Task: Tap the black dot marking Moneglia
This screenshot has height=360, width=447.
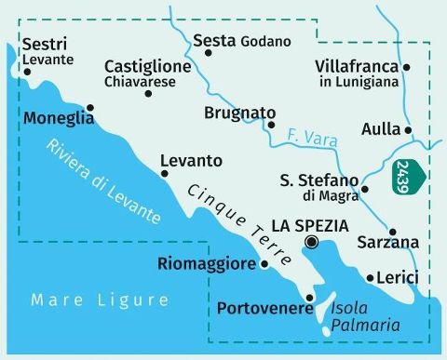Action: click(x=89, y=107)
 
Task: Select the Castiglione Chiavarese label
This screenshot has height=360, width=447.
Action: click(x=147, y=74)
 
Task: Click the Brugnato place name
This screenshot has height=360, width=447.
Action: click(x=235, y=113)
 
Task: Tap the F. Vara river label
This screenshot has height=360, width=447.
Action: click(x=313, y=140)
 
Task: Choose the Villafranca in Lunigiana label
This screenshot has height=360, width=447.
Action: click(x=357, y=73)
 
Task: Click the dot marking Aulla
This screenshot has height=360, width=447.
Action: click(x=408, y=129)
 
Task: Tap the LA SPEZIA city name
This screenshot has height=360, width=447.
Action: click(x=309, y=225)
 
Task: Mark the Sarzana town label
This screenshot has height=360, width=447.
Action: click(x=387, y=243)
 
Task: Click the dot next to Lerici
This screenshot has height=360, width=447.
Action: click(x=370, y=277)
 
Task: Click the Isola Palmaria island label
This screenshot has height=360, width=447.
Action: click(x=366, y=316)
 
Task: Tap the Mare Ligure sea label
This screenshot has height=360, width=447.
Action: click(x=100, y=300)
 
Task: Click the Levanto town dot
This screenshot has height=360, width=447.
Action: click(x=165, y=172)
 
